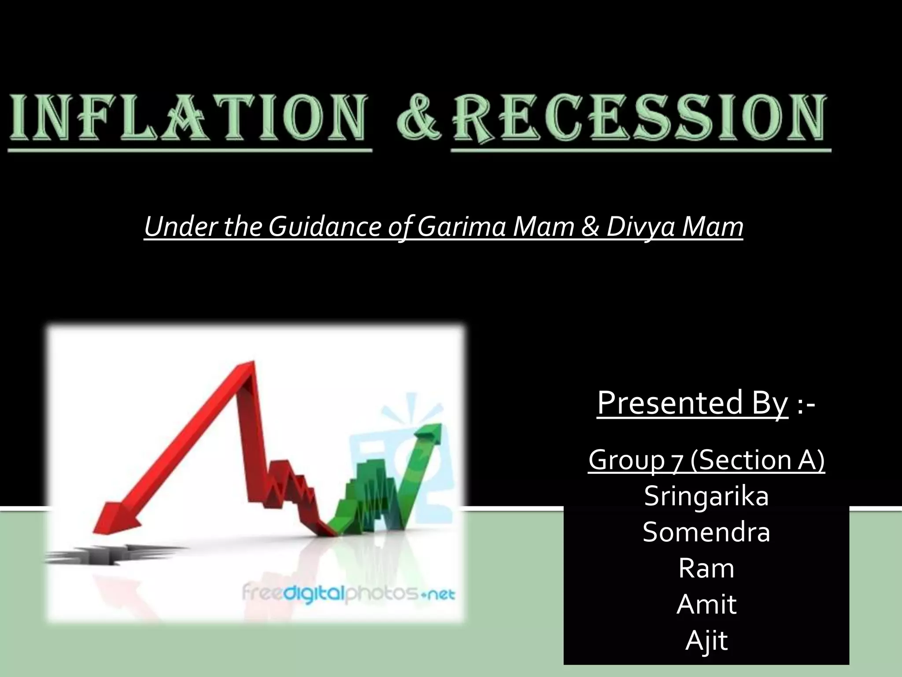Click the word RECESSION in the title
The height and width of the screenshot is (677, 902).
click(x=640, y=118)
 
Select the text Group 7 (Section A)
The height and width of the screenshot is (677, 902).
click(x=706, y=460)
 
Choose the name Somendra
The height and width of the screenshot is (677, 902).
click(x=706, y=532)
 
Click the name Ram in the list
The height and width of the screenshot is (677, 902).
click(x=706, y=568)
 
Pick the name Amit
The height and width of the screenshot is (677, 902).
click(x=706, y=604)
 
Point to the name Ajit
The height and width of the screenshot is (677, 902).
click(x=706, y=640)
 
